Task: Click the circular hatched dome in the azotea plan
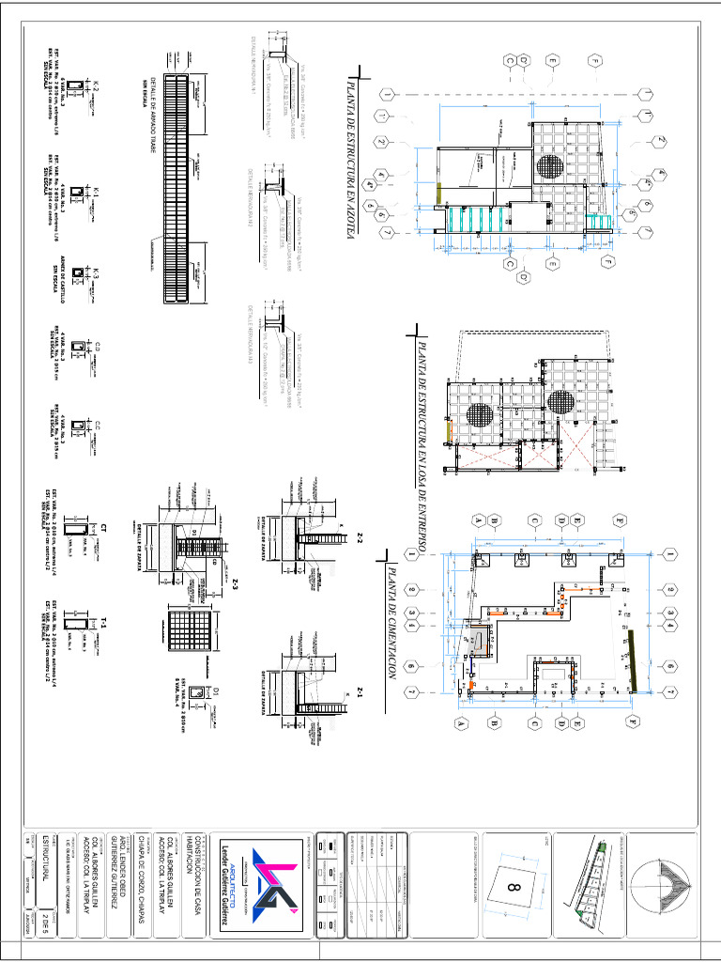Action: click(550, 166)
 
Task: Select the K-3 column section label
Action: click(95, 273)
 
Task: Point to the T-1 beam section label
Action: click(105, 622)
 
